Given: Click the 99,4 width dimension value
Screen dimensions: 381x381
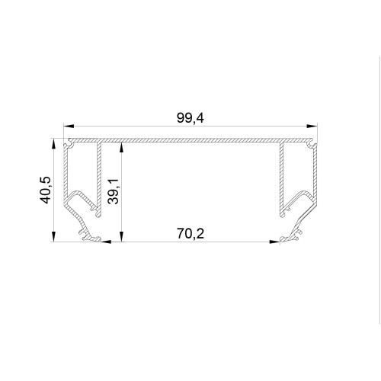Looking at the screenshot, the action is (x=190, y=118).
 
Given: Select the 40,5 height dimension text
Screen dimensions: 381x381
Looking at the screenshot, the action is (x=46, y=190).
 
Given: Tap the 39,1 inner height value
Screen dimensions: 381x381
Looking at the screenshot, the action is (x=114, y=191).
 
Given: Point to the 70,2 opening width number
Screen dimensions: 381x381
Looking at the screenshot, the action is (x=190, y=234).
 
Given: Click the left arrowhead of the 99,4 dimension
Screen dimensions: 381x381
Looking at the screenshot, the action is (x=69, y=126).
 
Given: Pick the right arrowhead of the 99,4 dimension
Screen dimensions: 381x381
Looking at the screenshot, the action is (x=312, y=126).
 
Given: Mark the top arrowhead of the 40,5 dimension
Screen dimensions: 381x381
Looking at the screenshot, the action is (x=53, y=144).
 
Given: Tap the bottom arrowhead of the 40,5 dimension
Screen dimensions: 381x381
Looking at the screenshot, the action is (x=53, y=236).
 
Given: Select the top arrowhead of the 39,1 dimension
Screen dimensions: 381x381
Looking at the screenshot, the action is (x=122, y=148).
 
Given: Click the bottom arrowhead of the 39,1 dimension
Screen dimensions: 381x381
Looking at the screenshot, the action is (x=122, y=236).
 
